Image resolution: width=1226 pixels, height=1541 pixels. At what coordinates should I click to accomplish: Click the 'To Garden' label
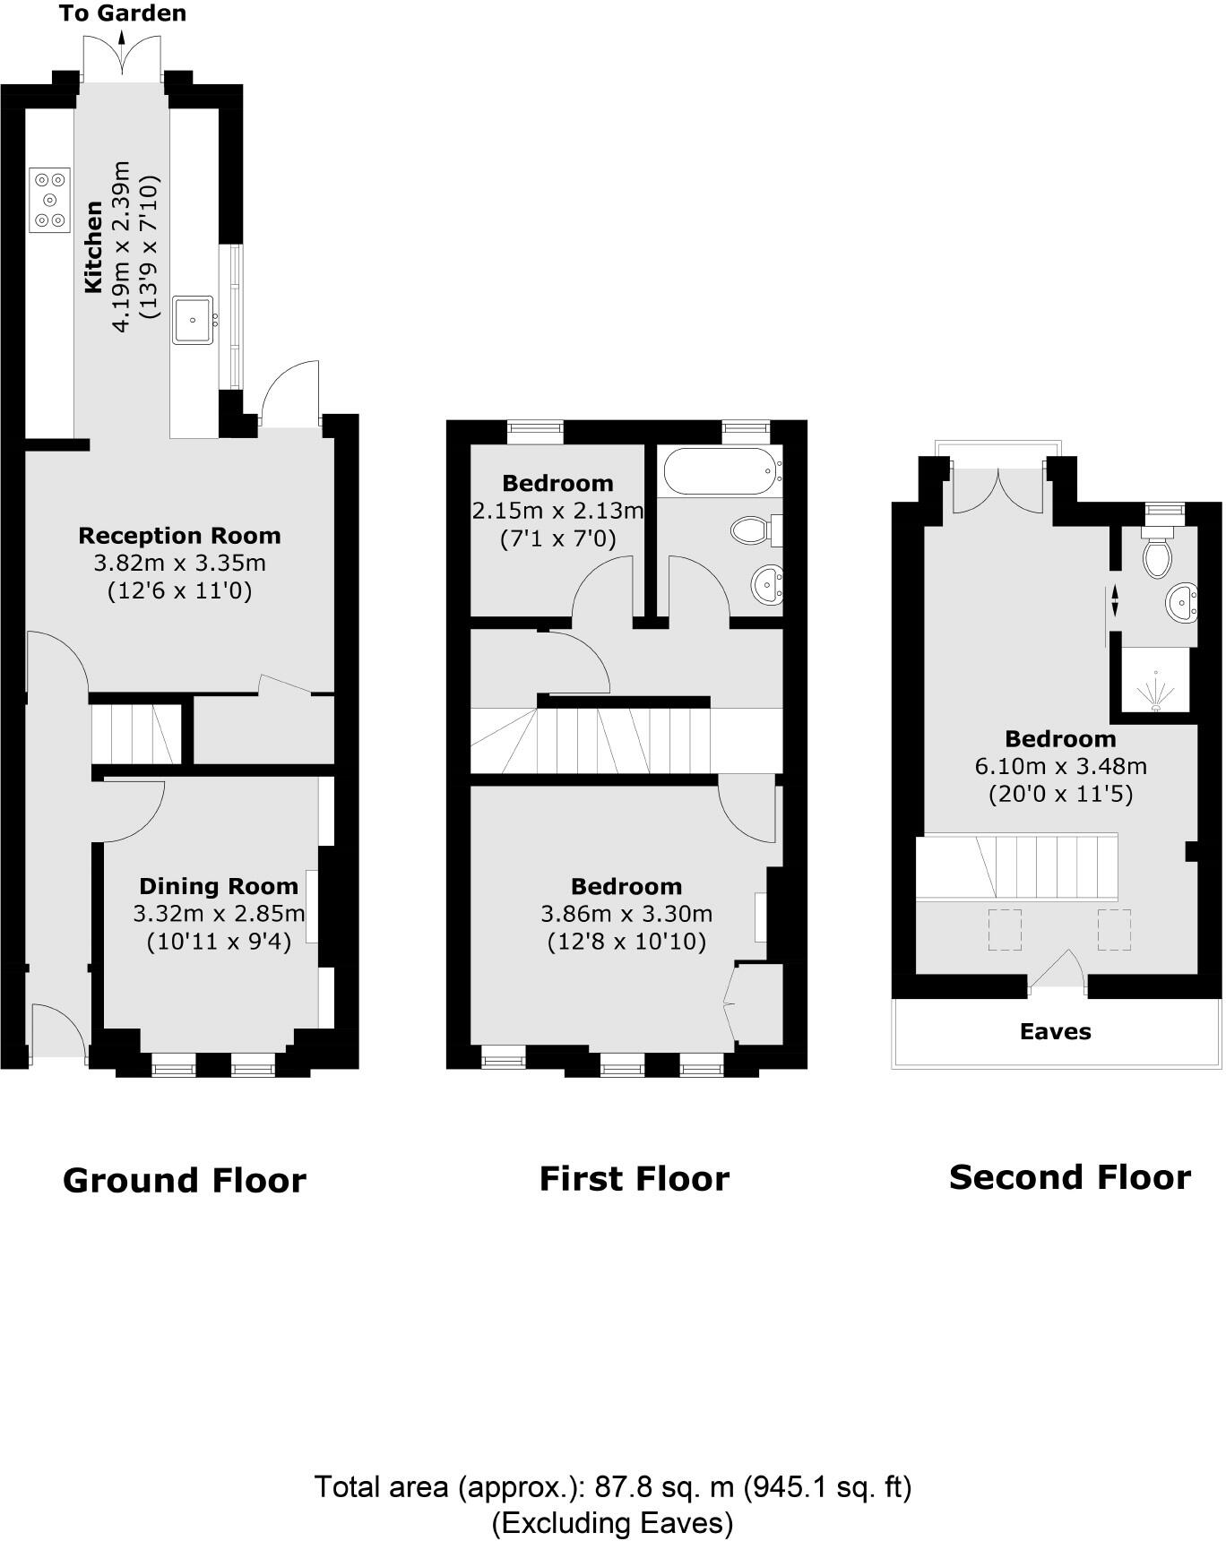(x=122, y=13)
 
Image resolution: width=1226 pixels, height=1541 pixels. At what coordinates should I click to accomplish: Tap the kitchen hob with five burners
(x=50, y=200)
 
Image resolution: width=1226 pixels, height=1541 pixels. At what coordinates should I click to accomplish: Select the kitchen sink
(x=194, y=320)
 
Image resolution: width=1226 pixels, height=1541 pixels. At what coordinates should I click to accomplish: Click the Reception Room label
(x=179, y=536)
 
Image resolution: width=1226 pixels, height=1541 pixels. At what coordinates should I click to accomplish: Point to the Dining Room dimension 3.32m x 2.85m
(x=219, y=914)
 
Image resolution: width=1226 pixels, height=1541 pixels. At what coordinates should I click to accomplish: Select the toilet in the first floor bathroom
(x=752, y=530)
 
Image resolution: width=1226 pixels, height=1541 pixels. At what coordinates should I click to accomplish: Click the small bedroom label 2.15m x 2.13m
(x=557, y=511)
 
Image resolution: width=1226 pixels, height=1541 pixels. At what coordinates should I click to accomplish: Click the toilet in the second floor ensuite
(x=1158, y=557)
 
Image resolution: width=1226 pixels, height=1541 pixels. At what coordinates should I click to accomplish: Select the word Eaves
(x=1055, y=1031)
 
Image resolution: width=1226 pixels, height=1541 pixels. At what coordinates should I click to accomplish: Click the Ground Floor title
(x=185, y=1180)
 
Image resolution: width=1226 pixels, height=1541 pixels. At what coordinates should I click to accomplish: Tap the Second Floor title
(x=1069, y=1176)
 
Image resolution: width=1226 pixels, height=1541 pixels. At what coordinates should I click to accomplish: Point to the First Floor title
(x=634, y=1178)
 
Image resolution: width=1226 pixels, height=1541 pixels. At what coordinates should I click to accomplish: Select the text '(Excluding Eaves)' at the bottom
(x=612, y=1522)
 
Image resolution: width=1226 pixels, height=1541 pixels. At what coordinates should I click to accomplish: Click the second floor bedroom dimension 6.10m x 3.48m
(x=1060, y=766)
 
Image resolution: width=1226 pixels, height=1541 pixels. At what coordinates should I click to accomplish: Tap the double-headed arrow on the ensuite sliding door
(x=1115, y=600)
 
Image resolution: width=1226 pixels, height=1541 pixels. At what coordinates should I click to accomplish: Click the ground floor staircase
(x=134, y=734)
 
